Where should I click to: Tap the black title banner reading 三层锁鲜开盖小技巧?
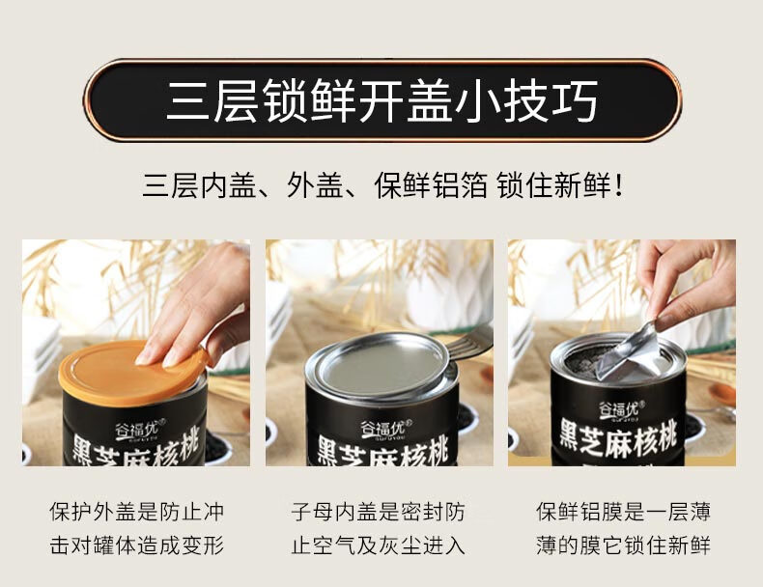pos(382,100)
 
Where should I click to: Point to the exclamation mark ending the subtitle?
pos(618,185)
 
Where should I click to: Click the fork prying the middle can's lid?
pos(468,341)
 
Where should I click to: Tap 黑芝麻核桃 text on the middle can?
pos(382,451)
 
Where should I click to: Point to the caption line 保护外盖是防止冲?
pos(137,512)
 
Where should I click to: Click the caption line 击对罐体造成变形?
pos(137,545)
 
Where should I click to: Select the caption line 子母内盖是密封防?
pos(378,512)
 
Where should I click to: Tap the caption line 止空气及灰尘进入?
pos(378,545)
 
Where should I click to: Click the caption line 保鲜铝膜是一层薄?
pos(623,512)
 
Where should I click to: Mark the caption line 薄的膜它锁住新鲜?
pos(623,545)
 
